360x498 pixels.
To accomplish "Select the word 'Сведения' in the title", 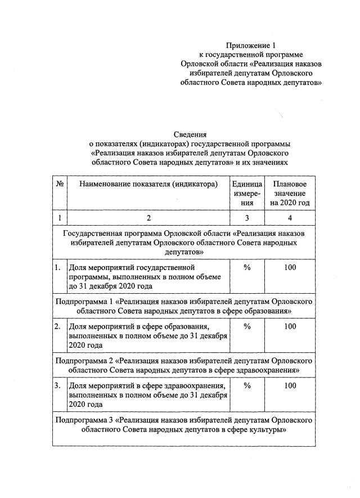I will click(x=189, y=134).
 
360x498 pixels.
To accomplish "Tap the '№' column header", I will click(x=60, y=184).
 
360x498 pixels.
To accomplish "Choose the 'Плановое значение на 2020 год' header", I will click(x=290, y=193).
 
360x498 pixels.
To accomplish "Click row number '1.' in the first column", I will click(x=58, y=267).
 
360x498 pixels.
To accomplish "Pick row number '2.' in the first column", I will click(x=58, y=326).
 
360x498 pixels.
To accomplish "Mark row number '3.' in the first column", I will click(x=58, y=385).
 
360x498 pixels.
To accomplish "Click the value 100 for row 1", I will click(x=290, y=267).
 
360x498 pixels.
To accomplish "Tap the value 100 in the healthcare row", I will click(x=290, y=385).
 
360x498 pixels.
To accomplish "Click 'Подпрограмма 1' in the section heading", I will click(x=84, y=302).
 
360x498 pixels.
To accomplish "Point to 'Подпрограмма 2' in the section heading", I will click(x=84, y=361).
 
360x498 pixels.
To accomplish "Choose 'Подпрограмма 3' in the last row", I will click(x=84, y=420).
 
